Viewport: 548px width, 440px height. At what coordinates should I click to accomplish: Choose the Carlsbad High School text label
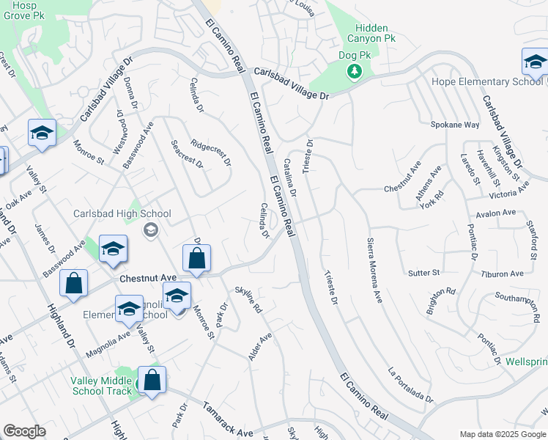tap(122, 214)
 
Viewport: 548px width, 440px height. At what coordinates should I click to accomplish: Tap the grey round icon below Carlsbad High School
tap(151, 230)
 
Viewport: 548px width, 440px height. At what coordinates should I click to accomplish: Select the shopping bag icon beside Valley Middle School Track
tap(152, 381)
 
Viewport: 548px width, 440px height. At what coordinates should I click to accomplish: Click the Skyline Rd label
tap(248, 300)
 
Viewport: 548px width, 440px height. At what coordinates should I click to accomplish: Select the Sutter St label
tap(423, 273)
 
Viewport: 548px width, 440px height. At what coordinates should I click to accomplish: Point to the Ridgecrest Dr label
tap(211, 153)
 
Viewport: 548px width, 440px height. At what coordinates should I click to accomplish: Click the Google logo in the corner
tap(24, 432)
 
